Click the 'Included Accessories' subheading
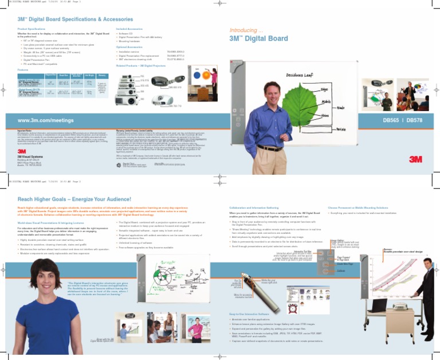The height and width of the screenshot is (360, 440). [x=132, y=28]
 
